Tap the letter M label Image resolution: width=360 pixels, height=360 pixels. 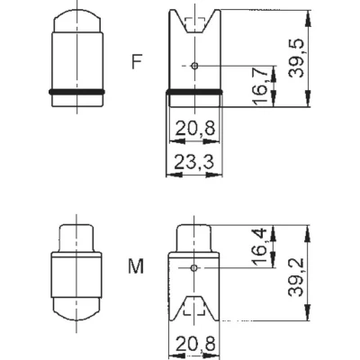point(136,267)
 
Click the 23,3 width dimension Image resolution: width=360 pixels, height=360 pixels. point(194,163)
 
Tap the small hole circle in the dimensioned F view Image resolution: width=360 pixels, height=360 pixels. point(195,66)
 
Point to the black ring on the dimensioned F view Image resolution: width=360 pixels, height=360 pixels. point(195,92)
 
